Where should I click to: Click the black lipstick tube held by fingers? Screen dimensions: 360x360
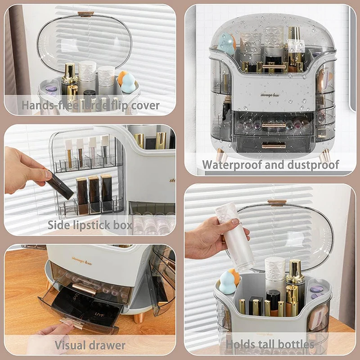pos(60,185)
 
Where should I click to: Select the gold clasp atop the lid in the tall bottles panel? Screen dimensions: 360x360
pos(277,202)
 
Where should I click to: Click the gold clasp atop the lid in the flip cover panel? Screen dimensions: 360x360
pos(85,13)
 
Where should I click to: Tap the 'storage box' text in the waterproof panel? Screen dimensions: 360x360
pos(269,95)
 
